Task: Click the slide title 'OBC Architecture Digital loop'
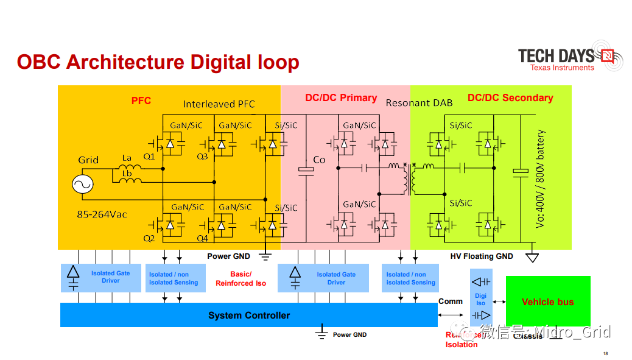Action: tap(158, 62)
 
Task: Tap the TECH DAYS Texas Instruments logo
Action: tap(566, 58)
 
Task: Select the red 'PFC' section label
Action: tap(141, 101)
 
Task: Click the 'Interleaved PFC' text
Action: tap(219, 104)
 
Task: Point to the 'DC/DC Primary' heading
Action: tap(341, 98)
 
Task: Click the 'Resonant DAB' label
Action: tap(419, 103)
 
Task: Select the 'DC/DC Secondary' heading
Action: tap(510, 98)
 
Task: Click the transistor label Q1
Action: tap(149, 157)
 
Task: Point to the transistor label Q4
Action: tap(202, 239)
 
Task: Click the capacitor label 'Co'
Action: tap(320, 160)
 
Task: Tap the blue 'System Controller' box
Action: tap(249, 316)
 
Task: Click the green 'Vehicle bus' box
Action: tap(548, 302)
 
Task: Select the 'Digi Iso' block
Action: tap(481, 299)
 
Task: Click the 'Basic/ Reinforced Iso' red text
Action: tap(241, 279)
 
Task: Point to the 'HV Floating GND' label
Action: tap(482, 256)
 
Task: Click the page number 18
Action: tap(605, 354)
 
